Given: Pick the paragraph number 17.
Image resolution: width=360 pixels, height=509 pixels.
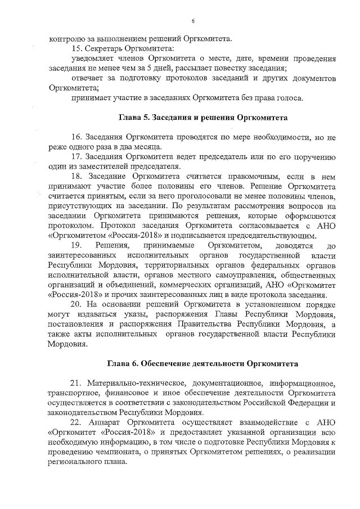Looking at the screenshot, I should point(76,156).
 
